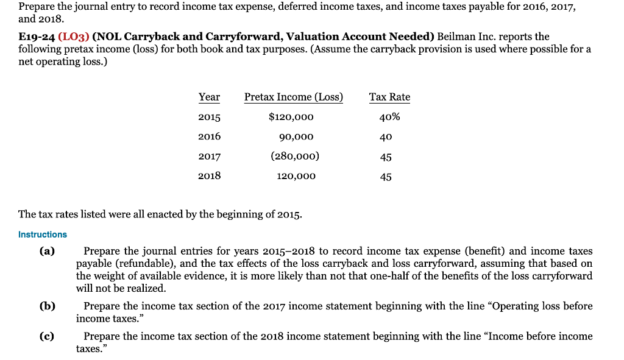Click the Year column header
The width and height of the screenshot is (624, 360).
coord(209,97)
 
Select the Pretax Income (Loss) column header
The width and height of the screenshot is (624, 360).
coord(293,97)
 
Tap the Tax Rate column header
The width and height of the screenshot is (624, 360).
coord(389,97)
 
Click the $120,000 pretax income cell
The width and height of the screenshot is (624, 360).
coord(291,117)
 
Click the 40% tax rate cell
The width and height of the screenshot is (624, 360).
coord(389,117)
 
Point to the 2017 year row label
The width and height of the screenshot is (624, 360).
coord(209,157)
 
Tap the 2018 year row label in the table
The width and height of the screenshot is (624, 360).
coord(209,176)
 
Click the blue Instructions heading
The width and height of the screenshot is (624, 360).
coord(43,235)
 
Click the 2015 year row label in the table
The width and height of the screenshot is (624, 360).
coord(209,117)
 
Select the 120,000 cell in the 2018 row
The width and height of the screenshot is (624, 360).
coord(295,176)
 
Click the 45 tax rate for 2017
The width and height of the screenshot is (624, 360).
coord(385,157)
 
